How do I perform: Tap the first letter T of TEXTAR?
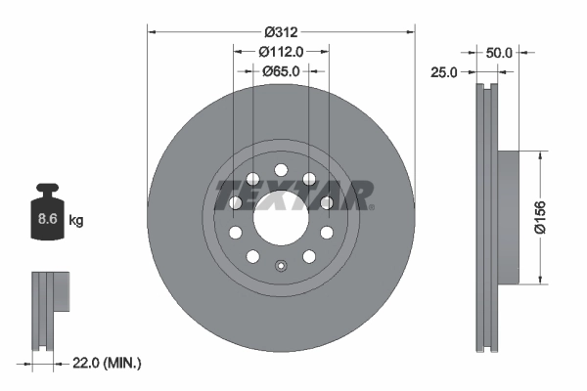pos(224,195)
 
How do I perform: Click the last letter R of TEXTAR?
pos(360,195)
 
